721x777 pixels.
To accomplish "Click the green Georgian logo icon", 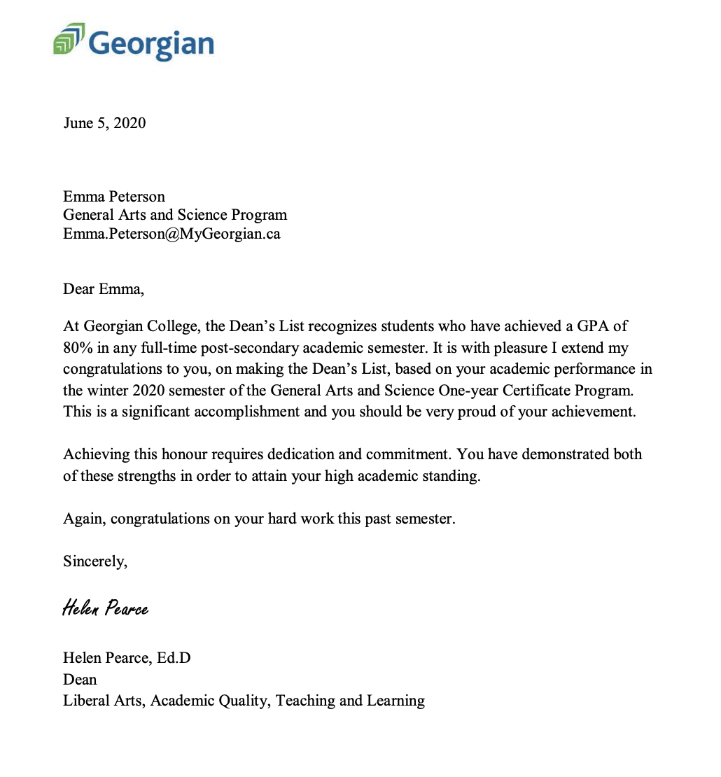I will [x=69, y=38].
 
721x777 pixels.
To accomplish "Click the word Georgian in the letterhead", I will [x=151, y=43].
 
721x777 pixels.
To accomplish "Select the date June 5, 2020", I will [x=104, y=123].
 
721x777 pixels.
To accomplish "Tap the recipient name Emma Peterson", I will [x=114, y=197].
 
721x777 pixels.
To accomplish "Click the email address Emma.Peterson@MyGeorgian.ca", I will [x=171, y=234].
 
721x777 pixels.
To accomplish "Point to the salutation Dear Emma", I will [x=103, y=288].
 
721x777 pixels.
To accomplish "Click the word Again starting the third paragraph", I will [x=83, y=519].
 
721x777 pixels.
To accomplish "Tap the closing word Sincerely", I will [x=95, y=561].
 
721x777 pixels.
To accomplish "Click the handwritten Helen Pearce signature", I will [x=105, y=608].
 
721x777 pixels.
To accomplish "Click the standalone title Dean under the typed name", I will [x=80, y=679].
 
